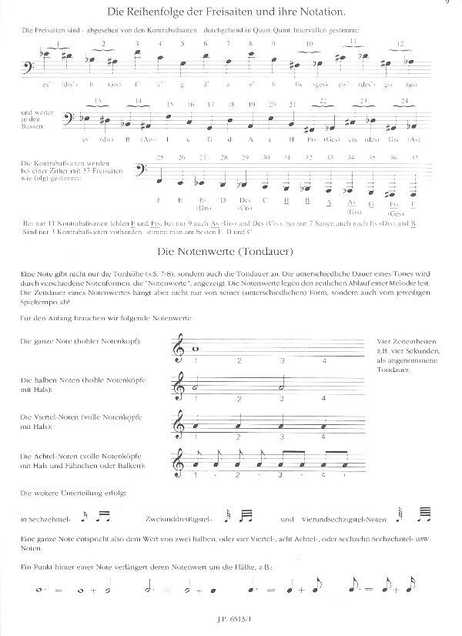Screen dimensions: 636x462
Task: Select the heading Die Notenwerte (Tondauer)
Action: [x=230, y=251]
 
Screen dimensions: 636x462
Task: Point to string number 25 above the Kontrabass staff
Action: [x=159, y=157]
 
